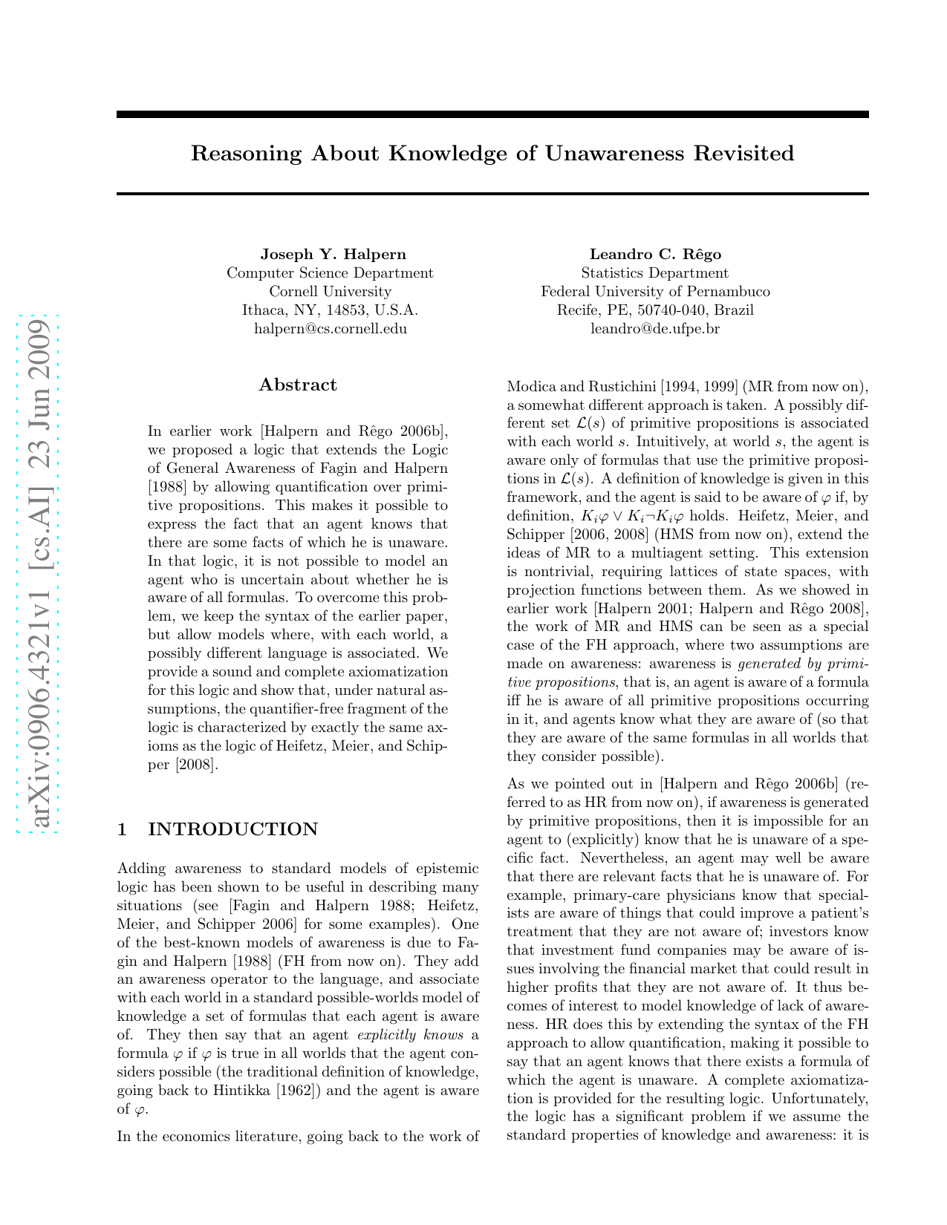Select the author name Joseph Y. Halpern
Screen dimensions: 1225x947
pos(333,255)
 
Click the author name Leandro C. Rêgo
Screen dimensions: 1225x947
pos(655,255)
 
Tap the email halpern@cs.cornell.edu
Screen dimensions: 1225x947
pos(331,328)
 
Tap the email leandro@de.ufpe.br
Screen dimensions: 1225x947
pos(655,328)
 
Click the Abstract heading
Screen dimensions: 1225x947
pos(298,385)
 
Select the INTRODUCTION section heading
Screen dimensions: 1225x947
pos(233,829)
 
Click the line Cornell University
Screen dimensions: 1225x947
pos(331,292)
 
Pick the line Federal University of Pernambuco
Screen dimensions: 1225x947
pos(655,292)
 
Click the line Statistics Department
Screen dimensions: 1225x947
pos(655,273)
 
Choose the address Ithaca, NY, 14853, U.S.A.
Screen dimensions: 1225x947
pos(331,310)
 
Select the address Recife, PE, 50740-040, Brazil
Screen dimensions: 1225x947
pos(655,310)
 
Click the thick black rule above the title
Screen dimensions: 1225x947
pos(492,115)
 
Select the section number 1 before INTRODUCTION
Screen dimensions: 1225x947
pos(123,829)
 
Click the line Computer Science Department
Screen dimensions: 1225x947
pos(331,273)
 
